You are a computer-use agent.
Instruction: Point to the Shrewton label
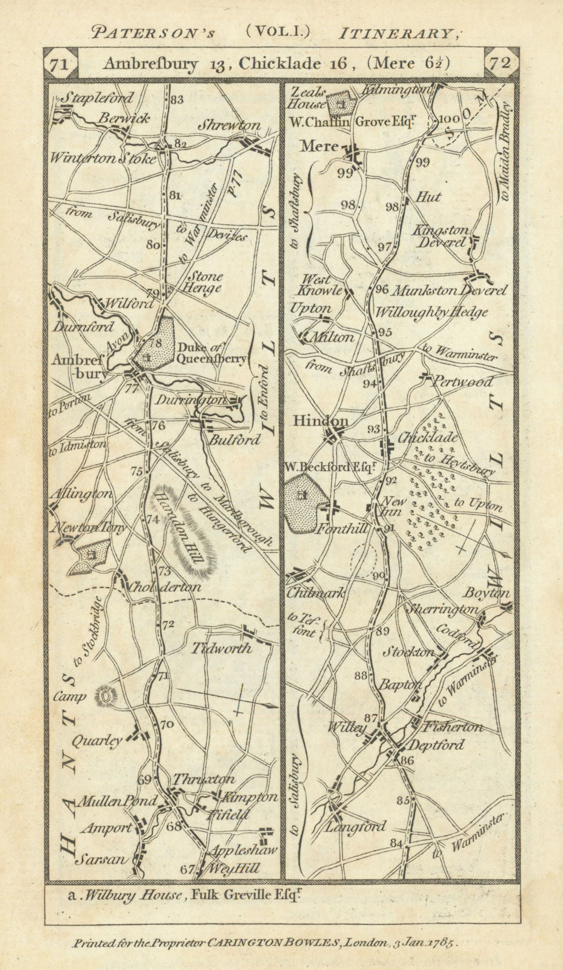229,125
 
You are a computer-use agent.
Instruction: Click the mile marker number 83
176,100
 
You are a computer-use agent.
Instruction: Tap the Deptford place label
436,745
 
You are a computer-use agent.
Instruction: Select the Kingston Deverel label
441,236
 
